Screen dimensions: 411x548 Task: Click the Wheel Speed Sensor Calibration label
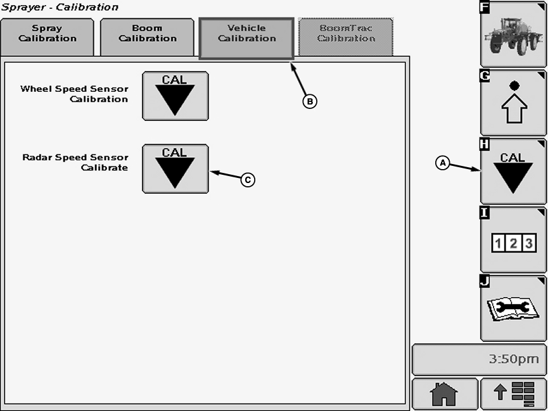click(74, 94)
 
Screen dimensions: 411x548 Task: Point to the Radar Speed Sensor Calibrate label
click(75, 162)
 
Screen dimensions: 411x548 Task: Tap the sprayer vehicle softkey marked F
click(513, 34)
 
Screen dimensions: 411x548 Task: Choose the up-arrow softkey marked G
click(513, 103)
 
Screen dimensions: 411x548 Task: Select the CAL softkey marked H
click(513, 171)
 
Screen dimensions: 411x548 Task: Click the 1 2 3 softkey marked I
click(513, 240)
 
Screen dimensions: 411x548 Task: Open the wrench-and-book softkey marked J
click(513, 308)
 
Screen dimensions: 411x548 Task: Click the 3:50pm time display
click(479, 360)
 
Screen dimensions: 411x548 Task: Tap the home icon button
click(445, 394)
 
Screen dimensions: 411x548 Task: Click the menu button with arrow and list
click(513, 394)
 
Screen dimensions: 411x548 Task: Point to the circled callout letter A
click(443, 163)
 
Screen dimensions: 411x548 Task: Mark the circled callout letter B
click(309, 101)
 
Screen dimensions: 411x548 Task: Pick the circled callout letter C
click(248, 180)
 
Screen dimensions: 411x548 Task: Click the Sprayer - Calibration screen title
click(60, 7)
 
